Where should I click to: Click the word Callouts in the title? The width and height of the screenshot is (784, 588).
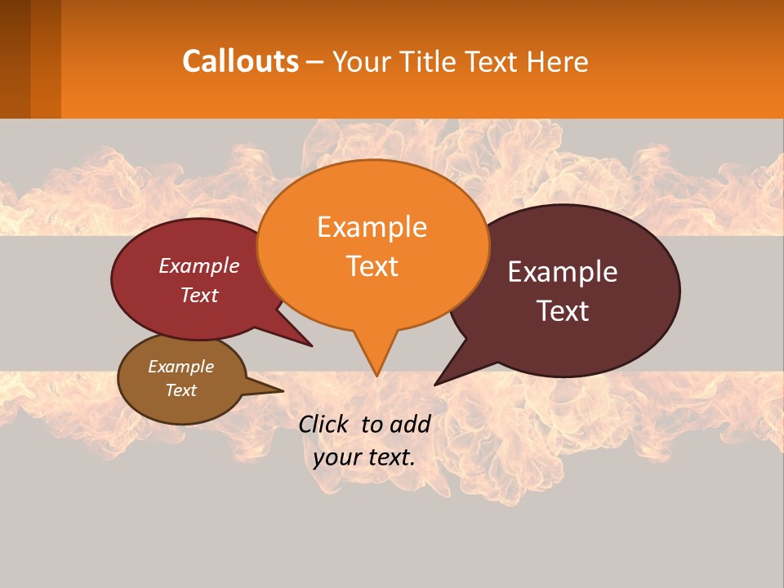click(240, 61)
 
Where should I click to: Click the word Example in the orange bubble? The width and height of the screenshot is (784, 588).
click(372, 227)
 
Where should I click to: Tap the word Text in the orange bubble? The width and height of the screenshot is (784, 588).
click(372, 266)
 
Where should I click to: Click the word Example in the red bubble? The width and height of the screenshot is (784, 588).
click(199, 265)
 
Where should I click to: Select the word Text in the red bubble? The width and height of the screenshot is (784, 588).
click(199, 295)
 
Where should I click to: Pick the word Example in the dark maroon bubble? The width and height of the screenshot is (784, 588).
click(563, 272)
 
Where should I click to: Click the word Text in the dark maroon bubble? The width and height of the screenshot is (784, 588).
click(563, 311)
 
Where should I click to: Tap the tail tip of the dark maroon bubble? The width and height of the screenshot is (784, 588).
click(436, 384)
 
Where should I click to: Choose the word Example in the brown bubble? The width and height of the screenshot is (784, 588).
click(180, 367)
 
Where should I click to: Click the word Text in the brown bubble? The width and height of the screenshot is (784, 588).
click(180, 390)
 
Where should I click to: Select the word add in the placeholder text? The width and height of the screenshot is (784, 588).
click(410, 424)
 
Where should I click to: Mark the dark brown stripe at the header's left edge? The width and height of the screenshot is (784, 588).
click(15, 59)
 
